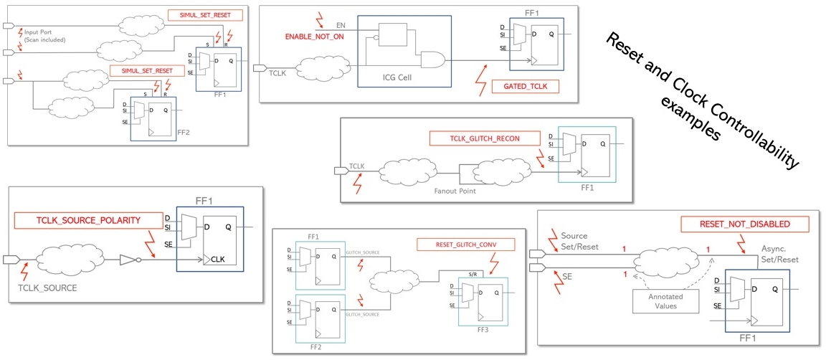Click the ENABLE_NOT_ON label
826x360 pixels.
pyautogui.click(x=315, y=35)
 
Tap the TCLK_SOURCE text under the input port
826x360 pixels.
pyautogui.click(x=47, y=287)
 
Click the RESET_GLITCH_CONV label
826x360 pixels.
pyautogui.click(x=465, y=245)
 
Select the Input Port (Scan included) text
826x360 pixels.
pyautogui.click(x=44, y=36)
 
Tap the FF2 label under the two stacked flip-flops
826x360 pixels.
pyautogui.click(x=315, y=346)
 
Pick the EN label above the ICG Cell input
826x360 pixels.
pyautogui.click(x=341, y=25)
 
